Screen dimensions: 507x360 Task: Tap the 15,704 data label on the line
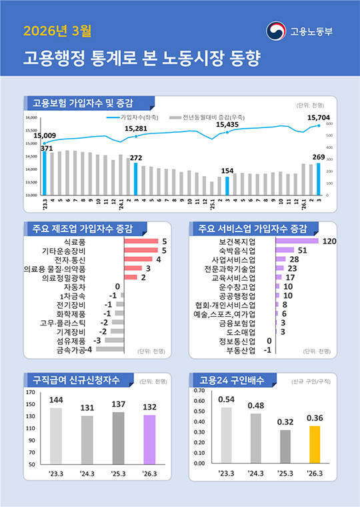[x=318, y=117]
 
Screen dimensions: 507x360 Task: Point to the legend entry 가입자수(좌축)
[x=140, y=116]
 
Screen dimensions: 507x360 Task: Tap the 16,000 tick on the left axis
[x=31, y=117]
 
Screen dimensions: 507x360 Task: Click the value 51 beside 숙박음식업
[x=301, y=250]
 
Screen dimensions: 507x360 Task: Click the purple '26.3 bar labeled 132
[x=149, y=439]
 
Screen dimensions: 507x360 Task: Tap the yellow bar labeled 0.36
[x=315, y=444]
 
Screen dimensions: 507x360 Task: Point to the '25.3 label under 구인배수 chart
[x=285, y=474]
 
